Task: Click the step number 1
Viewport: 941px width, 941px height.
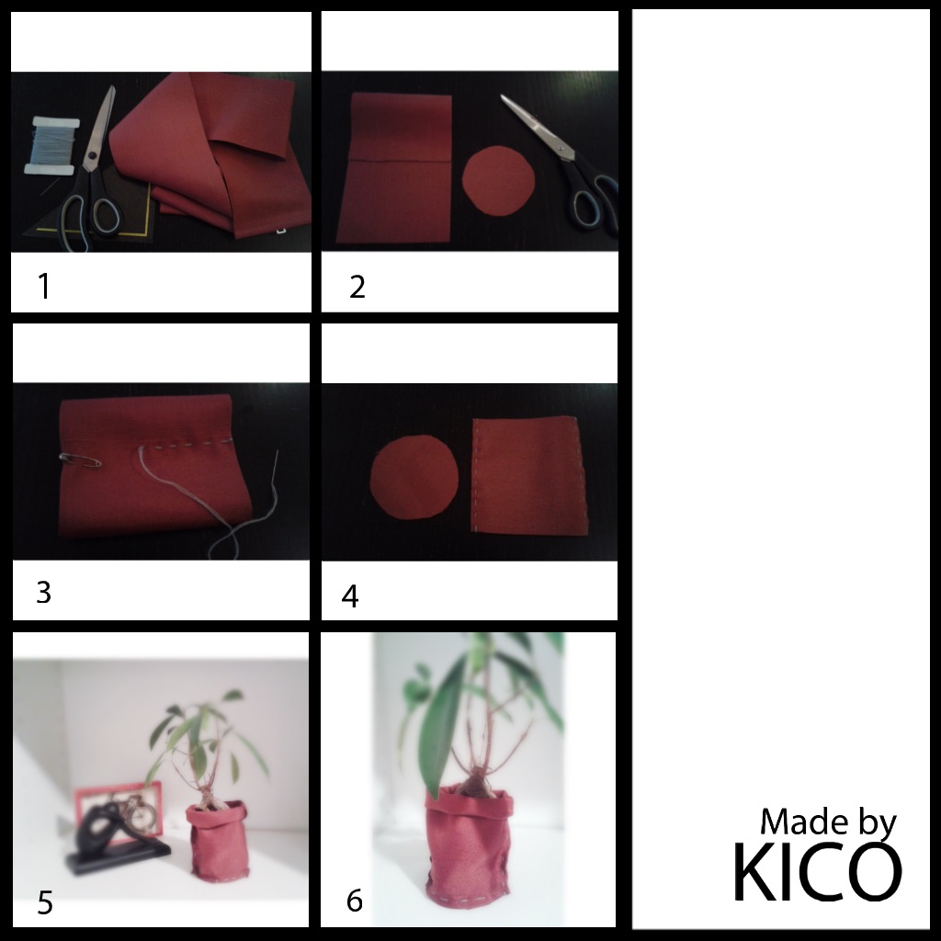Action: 44,286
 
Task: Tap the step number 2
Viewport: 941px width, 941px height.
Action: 357,287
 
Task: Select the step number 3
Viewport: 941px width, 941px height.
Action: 44,593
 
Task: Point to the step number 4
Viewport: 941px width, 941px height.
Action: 350,596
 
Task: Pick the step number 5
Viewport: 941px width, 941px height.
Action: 45,902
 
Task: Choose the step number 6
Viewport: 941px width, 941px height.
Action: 355,901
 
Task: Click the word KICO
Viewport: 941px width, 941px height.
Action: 817,872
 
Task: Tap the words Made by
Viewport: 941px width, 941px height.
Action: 828,822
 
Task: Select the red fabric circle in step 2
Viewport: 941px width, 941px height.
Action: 498,180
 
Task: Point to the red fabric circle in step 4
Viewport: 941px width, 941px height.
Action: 414,477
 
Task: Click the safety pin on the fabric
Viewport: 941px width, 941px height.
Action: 81,460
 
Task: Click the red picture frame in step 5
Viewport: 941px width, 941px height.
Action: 119,812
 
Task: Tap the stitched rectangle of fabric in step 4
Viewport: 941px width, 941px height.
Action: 529,475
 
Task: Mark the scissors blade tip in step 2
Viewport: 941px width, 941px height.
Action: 503,96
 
